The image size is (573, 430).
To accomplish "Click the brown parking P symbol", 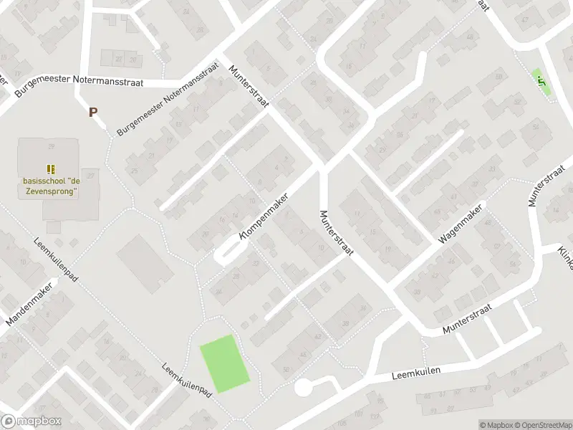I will [92, 112].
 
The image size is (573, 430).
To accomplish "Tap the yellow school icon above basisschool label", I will [50, 169].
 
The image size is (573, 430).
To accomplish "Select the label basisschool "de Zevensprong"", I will [49, 187].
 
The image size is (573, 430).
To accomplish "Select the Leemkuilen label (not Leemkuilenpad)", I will [415, 373].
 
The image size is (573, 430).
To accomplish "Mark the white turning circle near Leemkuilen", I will [303, 388].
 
